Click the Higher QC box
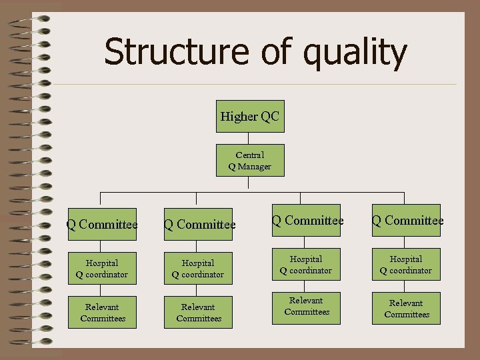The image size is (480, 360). point(250,117)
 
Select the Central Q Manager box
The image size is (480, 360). point(250,161)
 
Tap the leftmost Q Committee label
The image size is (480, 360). point(102,225)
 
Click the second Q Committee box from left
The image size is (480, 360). point(199,225)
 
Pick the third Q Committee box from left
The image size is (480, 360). point(307,221)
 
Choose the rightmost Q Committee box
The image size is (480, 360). point(407,221)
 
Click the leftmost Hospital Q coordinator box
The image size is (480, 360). point(102,269)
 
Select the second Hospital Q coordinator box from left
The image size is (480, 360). point(198,269)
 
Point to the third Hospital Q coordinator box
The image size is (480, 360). point(306,265)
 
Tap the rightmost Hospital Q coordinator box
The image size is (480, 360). point(406,265)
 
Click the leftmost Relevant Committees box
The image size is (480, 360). point(102,313)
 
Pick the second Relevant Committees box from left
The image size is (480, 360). point(198,313)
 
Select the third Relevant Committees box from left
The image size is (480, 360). point(306,307)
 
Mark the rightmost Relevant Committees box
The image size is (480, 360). point(406,309)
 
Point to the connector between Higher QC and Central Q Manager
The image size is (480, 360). point(250,138)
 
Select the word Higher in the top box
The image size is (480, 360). point(239,117)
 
